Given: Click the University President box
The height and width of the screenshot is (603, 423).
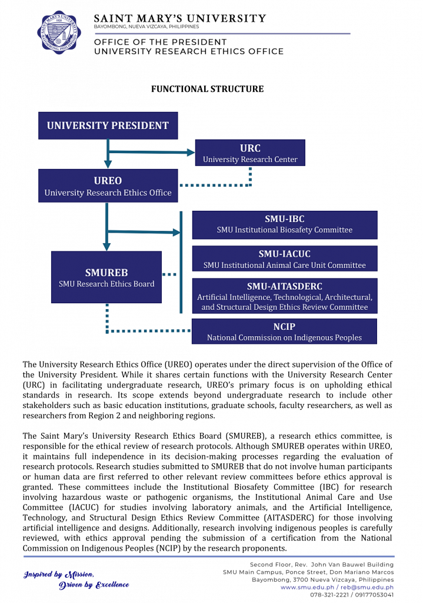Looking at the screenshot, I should click(108, 125).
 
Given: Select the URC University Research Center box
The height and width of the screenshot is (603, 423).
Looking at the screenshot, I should click(250, 153).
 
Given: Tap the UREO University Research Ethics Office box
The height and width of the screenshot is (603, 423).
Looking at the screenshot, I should click(108, 185).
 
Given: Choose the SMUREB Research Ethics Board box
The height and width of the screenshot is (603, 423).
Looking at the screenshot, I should click(106, 277).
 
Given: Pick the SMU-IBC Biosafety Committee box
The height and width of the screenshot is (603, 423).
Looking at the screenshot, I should click(285, 224).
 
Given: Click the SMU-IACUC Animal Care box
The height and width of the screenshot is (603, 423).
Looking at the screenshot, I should click(285, 259).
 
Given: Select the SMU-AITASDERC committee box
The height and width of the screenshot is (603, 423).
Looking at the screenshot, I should click(285, 296).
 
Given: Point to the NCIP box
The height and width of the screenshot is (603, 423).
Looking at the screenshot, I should click(284, 332).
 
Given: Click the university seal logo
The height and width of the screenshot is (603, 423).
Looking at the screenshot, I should click(58, 32).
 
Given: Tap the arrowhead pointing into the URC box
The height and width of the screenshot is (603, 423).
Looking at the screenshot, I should click(191, 153).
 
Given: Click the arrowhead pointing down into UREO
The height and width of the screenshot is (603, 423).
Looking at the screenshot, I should click(108, 164).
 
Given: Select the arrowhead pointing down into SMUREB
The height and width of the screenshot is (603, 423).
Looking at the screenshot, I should click(106, 247).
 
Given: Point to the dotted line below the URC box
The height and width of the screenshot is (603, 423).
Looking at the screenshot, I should click(250, 177).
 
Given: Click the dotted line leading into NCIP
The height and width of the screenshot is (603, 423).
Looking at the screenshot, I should click(147, 331).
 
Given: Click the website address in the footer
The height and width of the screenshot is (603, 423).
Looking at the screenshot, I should click(306, 587).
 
